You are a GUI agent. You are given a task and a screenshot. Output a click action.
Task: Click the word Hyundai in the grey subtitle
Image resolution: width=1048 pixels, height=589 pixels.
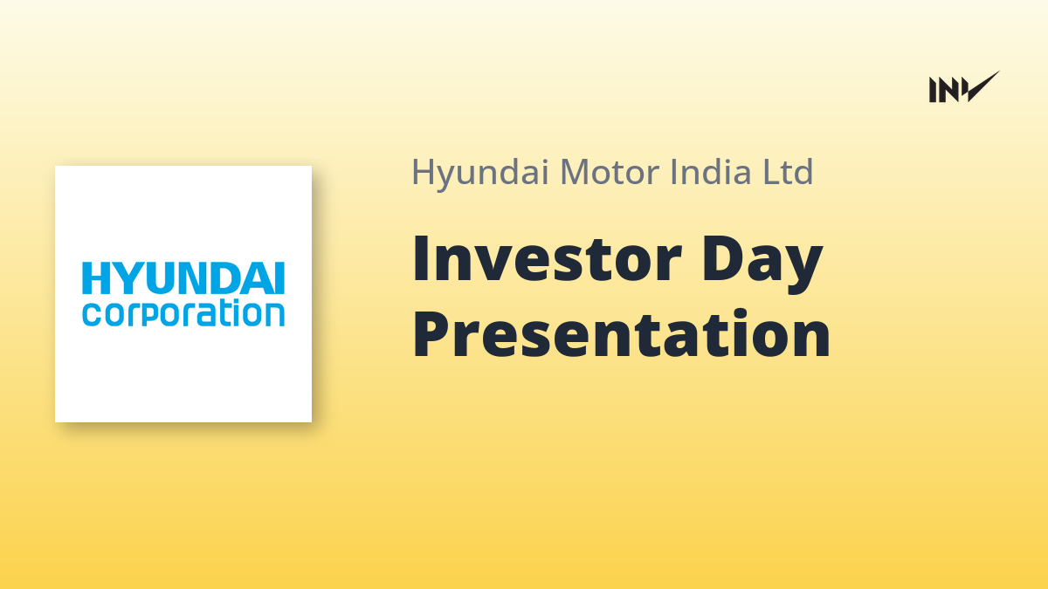coord(480,174)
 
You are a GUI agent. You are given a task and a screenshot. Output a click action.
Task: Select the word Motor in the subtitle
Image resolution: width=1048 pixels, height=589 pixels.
coord(610,172)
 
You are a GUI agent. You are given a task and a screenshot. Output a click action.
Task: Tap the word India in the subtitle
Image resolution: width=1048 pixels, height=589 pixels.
coord(711,172)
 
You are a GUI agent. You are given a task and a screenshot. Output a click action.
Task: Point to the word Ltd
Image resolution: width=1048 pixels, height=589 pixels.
coord(788,172)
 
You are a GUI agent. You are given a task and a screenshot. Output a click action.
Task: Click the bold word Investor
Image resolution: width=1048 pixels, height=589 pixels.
coord(547,259)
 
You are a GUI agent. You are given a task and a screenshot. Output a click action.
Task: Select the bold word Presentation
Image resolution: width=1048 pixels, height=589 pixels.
coord(621,333)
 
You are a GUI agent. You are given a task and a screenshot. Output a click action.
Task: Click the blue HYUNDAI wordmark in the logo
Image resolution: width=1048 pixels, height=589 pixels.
coord(183,278)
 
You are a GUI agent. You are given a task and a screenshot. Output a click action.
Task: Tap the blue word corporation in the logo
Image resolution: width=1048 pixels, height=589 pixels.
coord(183,313)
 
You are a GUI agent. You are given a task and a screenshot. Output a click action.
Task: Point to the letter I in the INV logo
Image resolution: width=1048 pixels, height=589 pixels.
coord(933,90)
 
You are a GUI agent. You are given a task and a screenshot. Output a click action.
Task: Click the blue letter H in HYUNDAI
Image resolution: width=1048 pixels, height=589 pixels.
coord(96,278)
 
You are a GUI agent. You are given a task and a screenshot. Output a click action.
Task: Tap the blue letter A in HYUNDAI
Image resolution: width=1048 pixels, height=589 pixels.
coord(260,278)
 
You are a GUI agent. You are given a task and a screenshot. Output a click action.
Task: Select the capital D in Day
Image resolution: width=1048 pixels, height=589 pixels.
coord(723,259)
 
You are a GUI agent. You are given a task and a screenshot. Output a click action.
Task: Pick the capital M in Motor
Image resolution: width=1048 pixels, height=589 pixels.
coord(576,173)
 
